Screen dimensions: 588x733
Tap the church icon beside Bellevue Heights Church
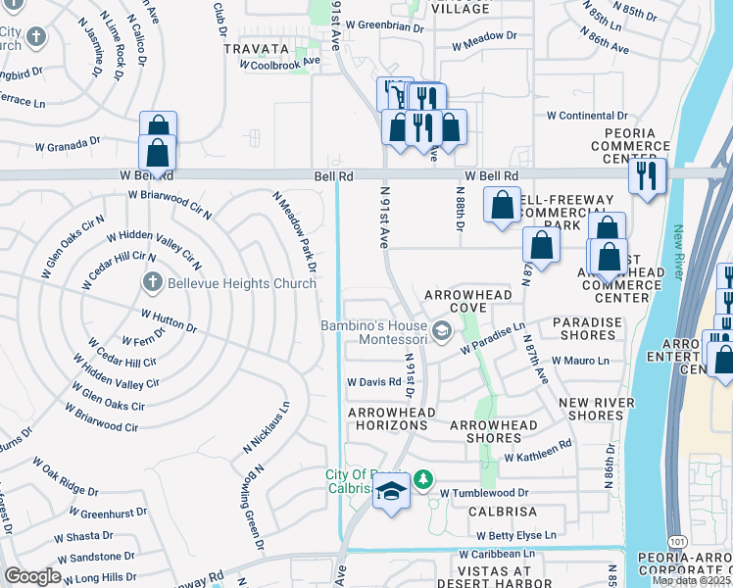click(x=152, y=283)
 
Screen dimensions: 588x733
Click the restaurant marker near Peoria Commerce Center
click(x=647, y=176)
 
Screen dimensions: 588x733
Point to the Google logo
click(x=32, y=576)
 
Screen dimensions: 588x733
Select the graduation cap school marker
click(x=391, y=492)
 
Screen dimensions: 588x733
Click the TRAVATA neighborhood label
click(x=257, y=48)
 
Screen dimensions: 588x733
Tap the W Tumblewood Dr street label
click(x=484, y=493)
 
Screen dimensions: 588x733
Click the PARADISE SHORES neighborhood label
click(x=588, y=329)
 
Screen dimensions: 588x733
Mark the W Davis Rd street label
click(x=374, y=381)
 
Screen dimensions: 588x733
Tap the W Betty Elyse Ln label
click(x=516, y=535)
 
